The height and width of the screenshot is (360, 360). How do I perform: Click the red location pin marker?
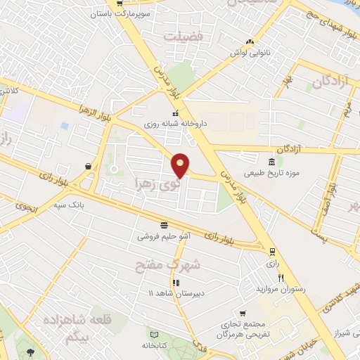(181, 165)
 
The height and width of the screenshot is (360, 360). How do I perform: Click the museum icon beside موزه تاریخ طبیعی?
(271, 162)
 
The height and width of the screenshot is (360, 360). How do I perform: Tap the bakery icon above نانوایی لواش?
(250, 41)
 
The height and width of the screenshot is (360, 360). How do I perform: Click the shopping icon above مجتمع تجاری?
(243, 314)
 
